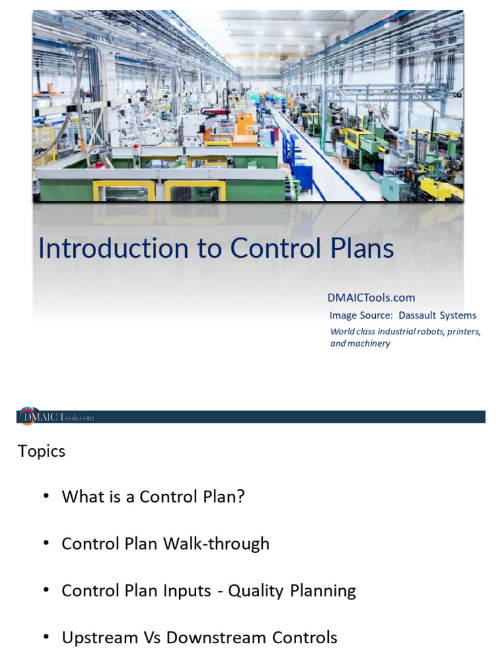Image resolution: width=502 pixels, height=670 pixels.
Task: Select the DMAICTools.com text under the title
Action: pyautogui.click(x=371, y=298)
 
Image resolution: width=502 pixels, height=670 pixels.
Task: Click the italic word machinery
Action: pyautogui.click(x=369, y=344)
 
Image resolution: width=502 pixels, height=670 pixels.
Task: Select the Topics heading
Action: pyautogui.click(x=42, y=451)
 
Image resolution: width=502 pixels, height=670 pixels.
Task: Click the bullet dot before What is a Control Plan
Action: pyautogui.click(x=46, y=496)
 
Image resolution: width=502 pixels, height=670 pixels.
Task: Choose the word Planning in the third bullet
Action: pyautogui.click(x=323, y=591)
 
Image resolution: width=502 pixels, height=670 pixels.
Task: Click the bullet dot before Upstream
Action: pyautogui.click(x=46, y=637)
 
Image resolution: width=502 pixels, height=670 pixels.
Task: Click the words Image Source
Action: pyautogui.click(x=360, y=315)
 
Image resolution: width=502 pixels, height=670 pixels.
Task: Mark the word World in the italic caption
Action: pyautogui.click(x=342, y=332)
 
